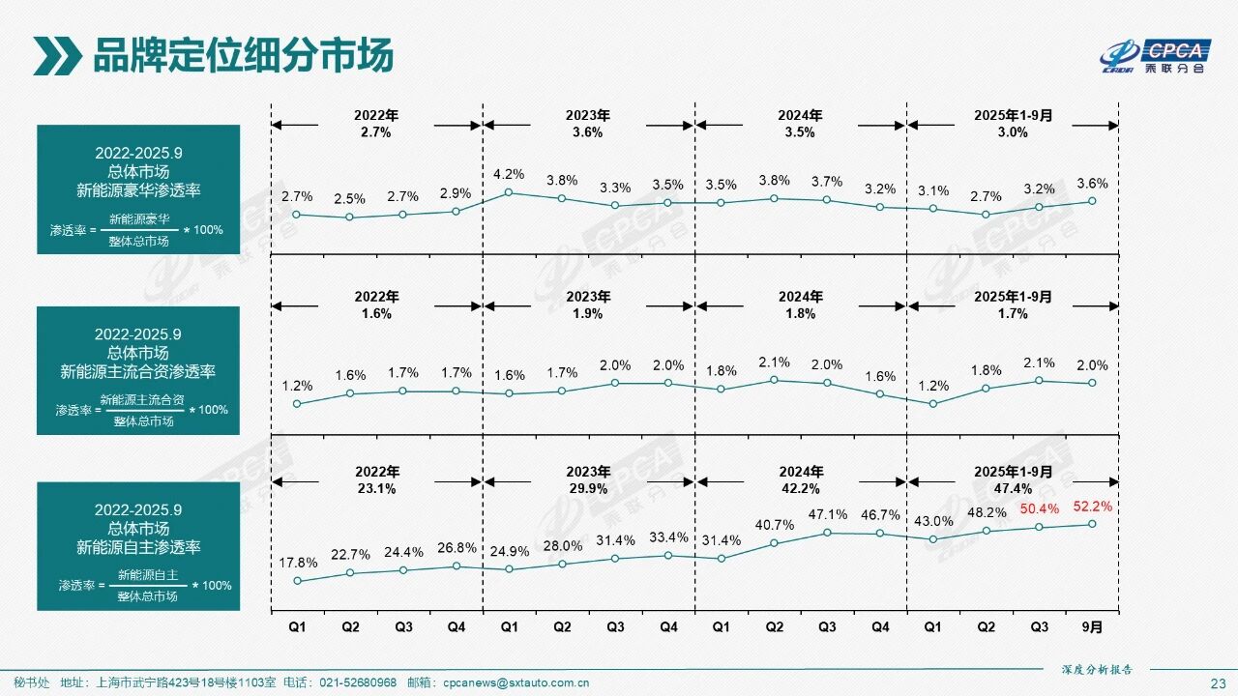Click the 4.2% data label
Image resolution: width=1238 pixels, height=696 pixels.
(508, 175)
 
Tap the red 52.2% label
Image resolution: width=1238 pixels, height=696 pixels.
(1093, 506)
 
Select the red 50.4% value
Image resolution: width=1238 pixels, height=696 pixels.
(1040, 508)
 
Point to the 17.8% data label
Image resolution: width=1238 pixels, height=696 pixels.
(298, 563)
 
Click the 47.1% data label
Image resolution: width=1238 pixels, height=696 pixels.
(827, 514)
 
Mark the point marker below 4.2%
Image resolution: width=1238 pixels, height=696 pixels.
(509, 192)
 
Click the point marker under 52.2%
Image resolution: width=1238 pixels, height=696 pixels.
(1092, 524)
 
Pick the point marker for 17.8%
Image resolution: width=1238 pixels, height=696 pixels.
(298, 581)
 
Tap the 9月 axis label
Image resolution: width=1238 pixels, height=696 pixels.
(1092, 626)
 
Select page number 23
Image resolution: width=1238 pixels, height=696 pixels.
(1218, 682)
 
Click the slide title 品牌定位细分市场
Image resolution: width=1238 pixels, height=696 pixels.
(243, 56)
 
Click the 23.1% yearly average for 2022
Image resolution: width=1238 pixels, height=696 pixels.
(376, 489)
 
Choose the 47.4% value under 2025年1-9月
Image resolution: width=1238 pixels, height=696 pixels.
(1013, 489)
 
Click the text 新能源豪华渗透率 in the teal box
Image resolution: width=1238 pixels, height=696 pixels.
(138, 189)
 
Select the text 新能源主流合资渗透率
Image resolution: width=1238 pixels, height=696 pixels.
(138, 371)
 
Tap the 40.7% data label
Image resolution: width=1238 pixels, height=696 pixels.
(774, 525)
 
